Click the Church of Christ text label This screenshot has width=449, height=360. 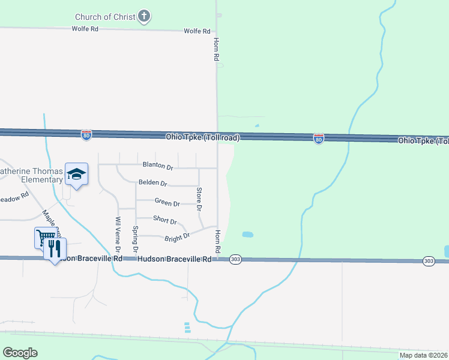coord(106,17)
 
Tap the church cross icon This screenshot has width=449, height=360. coord(144,16)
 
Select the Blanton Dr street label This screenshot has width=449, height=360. coord(157,165)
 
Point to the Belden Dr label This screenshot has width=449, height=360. coord(152,182)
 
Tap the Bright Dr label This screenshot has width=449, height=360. coord(177,237)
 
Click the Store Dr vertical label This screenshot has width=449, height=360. coord(199,199)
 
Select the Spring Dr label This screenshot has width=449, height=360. coord(135,239)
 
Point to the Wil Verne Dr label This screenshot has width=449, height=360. coord(118,234)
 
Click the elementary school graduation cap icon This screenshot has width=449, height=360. coord(77,174)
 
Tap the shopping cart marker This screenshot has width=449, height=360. coord(44,238)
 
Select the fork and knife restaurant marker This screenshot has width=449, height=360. coord(55,248)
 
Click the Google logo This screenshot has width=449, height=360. coord(20,353)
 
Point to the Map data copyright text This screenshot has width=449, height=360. coord(423,355)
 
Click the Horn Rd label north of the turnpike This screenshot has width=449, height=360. coord(216,49)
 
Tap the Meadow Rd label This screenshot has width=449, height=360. coord(13,197)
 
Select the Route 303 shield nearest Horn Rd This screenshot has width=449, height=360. coord(235,259)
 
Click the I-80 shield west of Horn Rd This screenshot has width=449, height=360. coord(87,135)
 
